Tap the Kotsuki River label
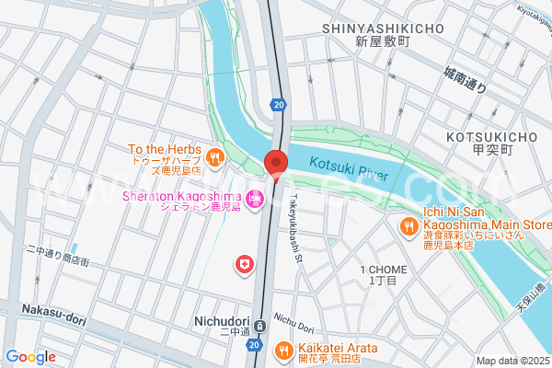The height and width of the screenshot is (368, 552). click(x=349, y=169)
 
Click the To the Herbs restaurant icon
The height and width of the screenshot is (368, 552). click(x=214, y=156)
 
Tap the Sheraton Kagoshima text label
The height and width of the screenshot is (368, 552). click(x=181, y=197)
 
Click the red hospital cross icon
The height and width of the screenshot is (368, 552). click(x=244, y=264)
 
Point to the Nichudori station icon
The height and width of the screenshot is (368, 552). click(x=260, y=325)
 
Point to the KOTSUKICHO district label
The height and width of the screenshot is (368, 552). click(x=490, y=137)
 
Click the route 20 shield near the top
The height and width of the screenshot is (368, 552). click(x=278, y=106)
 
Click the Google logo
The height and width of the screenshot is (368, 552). click(x=31, y=356)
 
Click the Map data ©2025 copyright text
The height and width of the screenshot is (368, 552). click(x=512, y=361)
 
